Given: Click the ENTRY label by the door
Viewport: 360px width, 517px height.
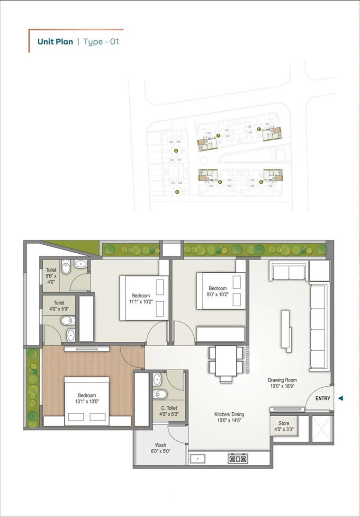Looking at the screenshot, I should (323, 399).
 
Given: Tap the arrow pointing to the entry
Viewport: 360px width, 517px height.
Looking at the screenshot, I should (340, 399).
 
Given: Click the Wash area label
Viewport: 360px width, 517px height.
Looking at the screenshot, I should (161, 448).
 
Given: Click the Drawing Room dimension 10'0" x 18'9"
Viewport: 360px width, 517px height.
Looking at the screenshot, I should (282, 386).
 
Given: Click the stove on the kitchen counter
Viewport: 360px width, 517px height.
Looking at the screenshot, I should (237, 458).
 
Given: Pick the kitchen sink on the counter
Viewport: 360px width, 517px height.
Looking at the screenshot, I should (197, 458).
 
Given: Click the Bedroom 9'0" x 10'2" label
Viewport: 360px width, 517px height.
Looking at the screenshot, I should (218, 292).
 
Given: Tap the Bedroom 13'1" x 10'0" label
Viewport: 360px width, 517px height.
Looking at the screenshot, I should (87, 399).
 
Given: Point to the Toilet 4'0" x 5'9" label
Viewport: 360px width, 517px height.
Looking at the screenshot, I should (59, 306).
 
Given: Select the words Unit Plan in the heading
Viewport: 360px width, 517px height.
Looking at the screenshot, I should (55, 42).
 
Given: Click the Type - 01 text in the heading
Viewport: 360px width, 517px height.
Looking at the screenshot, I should (101, 42).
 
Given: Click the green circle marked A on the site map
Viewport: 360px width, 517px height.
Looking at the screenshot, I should (176, 151).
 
